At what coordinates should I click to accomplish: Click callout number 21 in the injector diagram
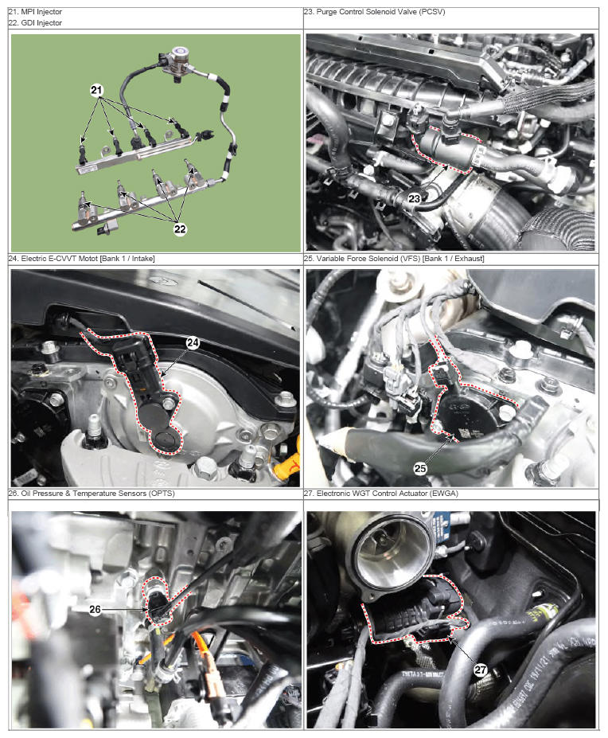pyautogui.click(x=96, y=90)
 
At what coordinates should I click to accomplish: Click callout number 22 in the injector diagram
pyautogui.click(x=180, y=229)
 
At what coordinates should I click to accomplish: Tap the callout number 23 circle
pyautogui.click(x=414, y=198)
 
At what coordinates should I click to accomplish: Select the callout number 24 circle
pyautogui.click(x=193, y=342)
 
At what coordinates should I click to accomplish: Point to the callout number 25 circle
pyautogui.click(x=420, y=468)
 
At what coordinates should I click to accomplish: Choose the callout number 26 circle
pyautogui.click(x=95, y=609)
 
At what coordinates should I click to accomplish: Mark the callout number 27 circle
pyautogui.click(x=481, y=670)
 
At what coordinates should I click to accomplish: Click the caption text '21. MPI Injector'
pyautogui.click(x=35, y=12)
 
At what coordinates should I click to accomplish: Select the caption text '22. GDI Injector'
pyautogui.click(x=35, y=22)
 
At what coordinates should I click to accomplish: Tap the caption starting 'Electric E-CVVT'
pyautogui.click(x=82, y=259)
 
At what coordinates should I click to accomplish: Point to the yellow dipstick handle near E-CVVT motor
pyautogui.click(x=288, y=463)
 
